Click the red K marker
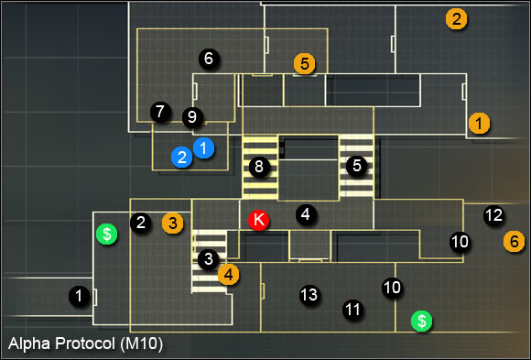[x=258, y=220]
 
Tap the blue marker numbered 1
[x=204, y=147]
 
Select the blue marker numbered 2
[x=182, y=158]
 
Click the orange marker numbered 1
[x=478, y=121]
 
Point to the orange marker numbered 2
[x=455, y=17]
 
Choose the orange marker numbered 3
[x=172, y=222]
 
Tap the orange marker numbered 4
[x=228, y=272]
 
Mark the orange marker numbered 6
[x=515, y=242]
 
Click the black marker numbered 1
[x=81, y=295]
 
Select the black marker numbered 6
[x=208, y=59]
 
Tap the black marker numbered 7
[x=160, y=112]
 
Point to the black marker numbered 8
[x=259, y=167]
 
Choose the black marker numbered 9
[x=191, y=117]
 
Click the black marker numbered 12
[x=493, y=216]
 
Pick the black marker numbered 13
[x=309, y=295]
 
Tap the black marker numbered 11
[x=352, y=310]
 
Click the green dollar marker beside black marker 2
[x=107, y=235]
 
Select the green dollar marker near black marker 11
[x=421, y=321]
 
